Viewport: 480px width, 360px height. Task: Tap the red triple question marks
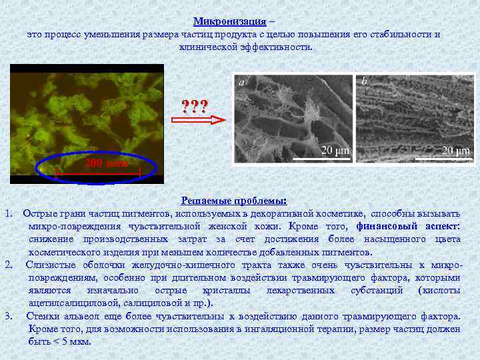195,105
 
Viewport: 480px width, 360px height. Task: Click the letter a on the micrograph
241,82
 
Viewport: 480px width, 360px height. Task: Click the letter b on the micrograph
364,82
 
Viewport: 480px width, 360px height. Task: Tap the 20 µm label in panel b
456,150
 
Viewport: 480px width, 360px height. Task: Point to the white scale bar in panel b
444,159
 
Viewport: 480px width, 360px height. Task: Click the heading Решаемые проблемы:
233,201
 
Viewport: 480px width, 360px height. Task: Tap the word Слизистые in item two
49,265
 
